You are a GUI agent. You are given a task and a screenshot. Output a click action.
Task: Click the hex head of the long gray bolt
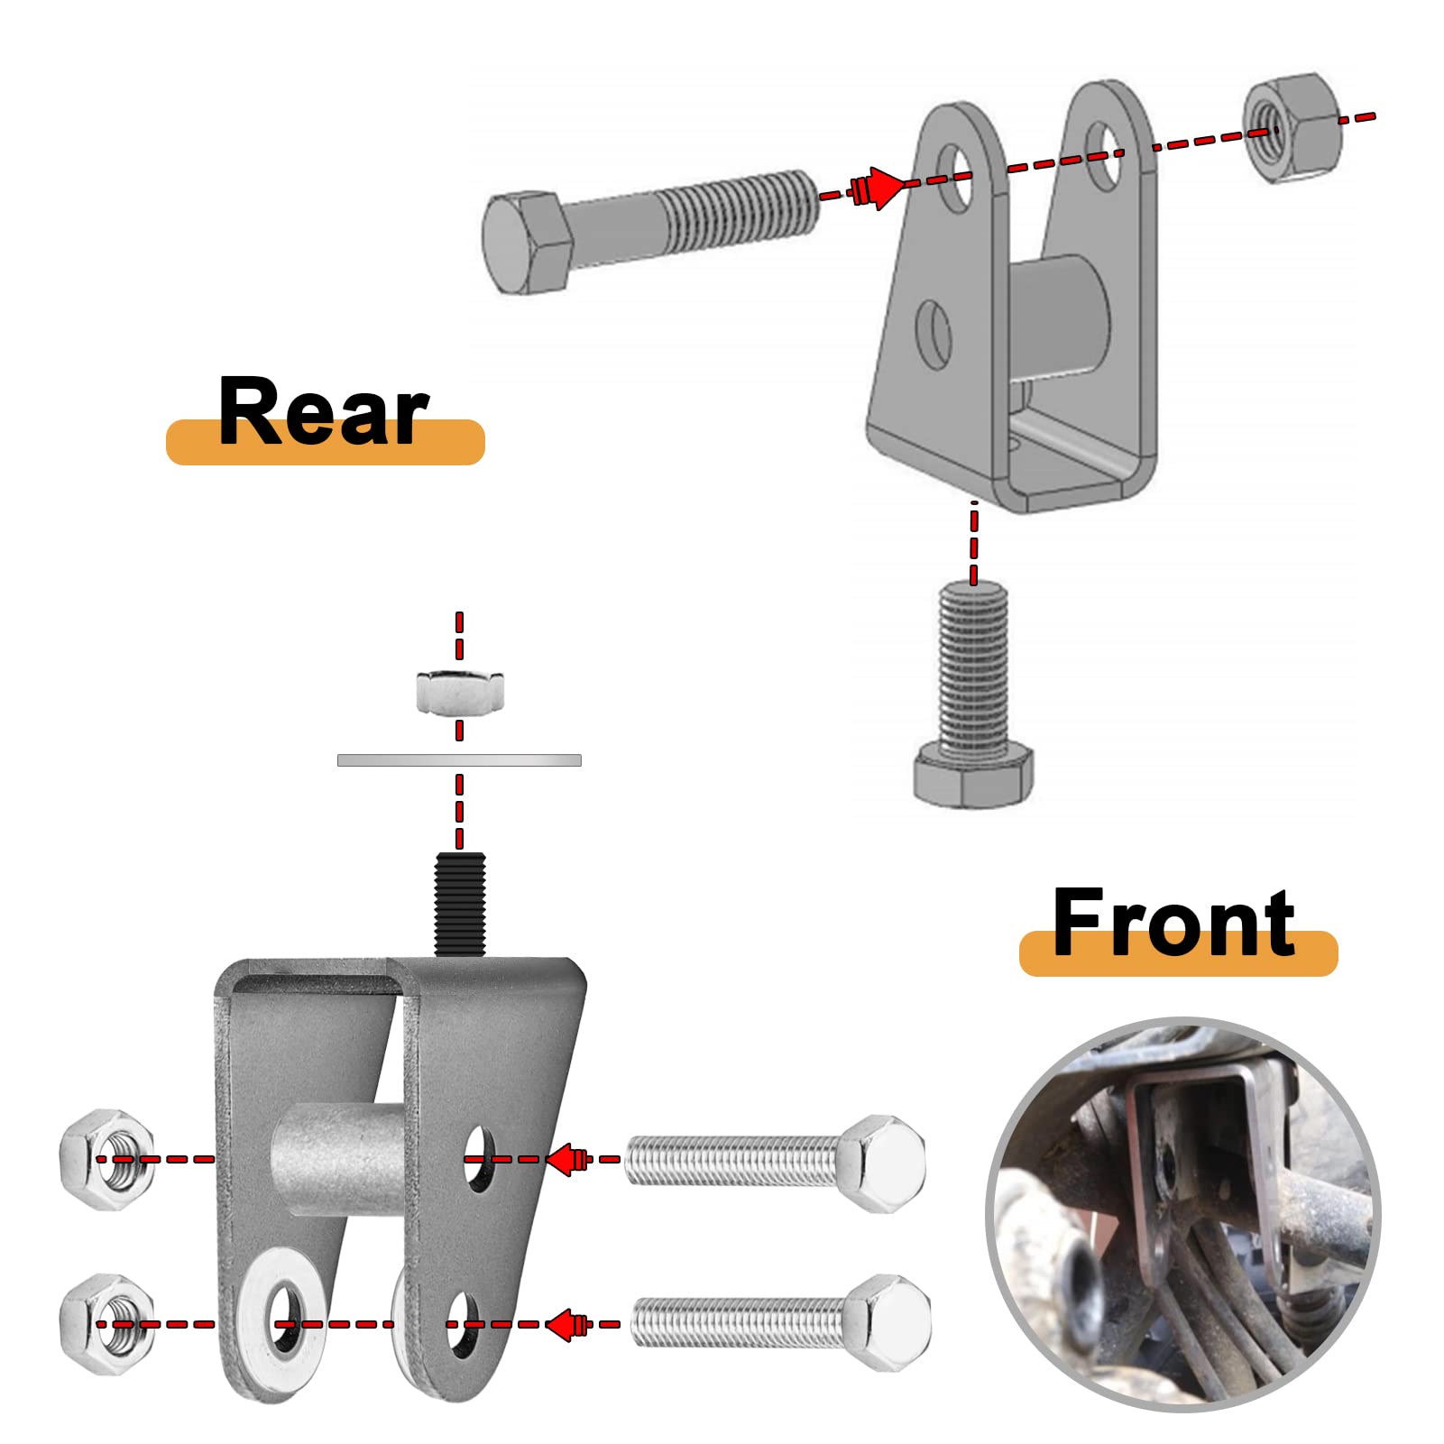(526, 242)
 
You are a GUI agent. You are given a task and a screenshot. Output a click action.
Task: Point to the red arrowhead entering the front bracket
(881, 188)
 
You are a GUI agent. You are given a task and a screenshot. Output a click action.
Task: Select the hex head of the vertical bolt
(972, 775)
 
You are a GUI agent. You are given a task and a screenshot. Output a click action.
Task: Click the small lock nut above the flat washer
(460, 693)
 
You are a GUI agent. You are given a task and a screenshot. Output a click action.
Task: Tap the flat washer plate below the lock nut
(459, 760)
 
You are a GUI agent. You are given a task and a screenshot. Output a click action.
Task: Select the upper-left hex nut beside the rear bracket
(106, 1159)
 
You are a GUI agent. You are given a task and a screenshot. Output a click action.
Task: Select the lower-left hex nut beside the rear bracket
(106, 1323)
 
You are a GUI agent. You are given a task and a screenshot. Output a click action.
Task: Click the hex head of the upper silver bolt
(883, 1163)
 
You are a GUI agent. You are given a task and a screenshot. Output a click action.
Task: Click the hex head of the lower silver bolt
(887, 1322)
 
